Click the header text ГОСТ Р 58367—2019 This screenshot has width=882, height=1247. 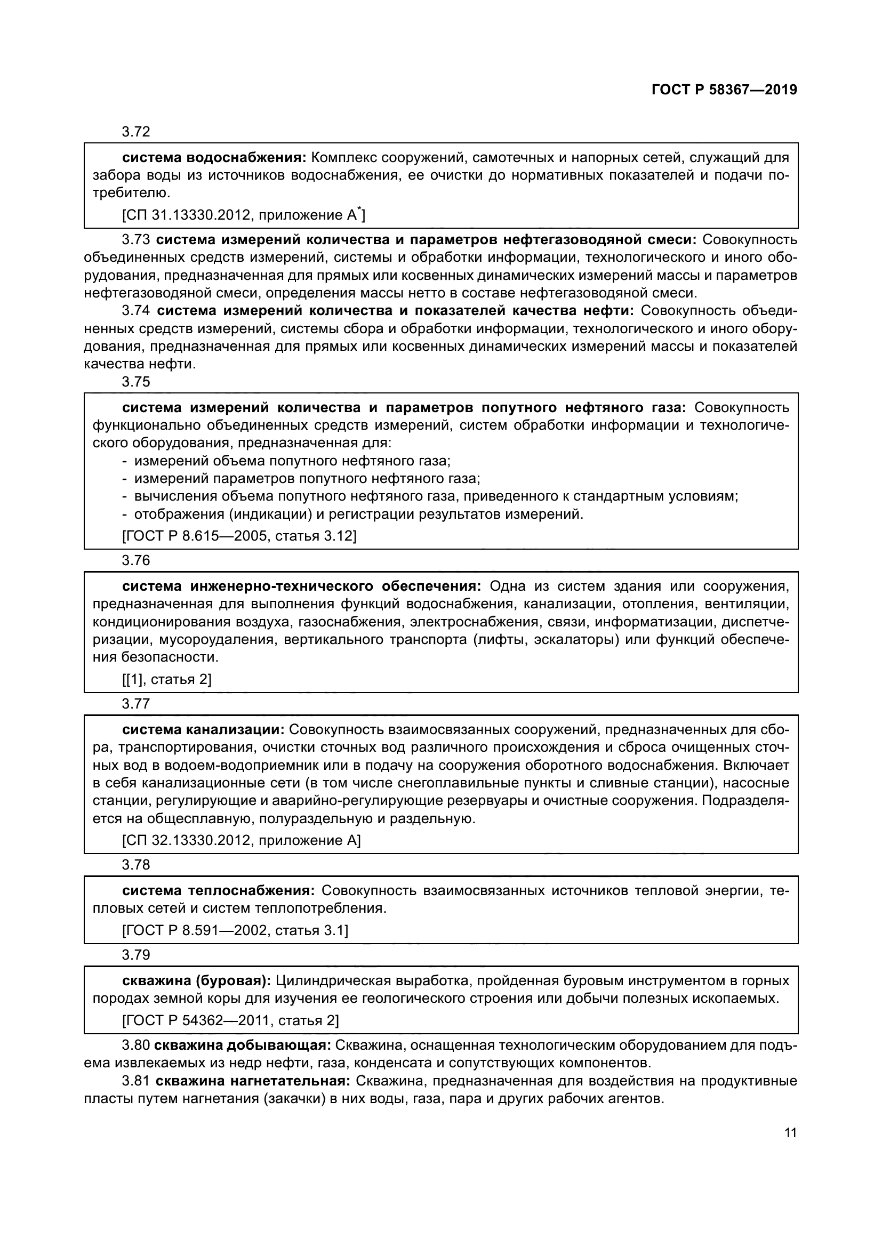[x=724, y=90]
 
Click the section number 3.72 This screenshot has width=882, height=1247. [x=136, y=132]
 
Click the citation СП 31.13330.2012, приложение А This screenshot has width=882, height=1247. [x=243, y=215]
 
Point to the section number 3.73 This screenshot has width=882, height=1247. [x=136, y=239]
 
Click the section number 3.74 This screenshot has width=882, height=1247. [x=136, y=311]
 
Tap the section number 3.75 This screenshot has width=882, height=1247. [x=136, y=382]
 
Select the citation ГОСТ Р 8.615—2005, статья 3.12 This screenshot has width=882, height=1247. [x=239, y=536]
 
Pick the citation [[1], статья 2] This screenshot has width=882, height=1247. [x=167, y=679]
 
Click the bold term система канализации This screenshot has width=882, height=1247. [x=203, y=730]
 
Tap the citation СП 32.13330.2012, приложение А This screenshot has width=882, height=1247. [x=241, y=841]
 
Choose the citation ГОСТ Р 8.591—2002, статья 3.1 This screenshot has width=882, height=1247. [x=235, y=930]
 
